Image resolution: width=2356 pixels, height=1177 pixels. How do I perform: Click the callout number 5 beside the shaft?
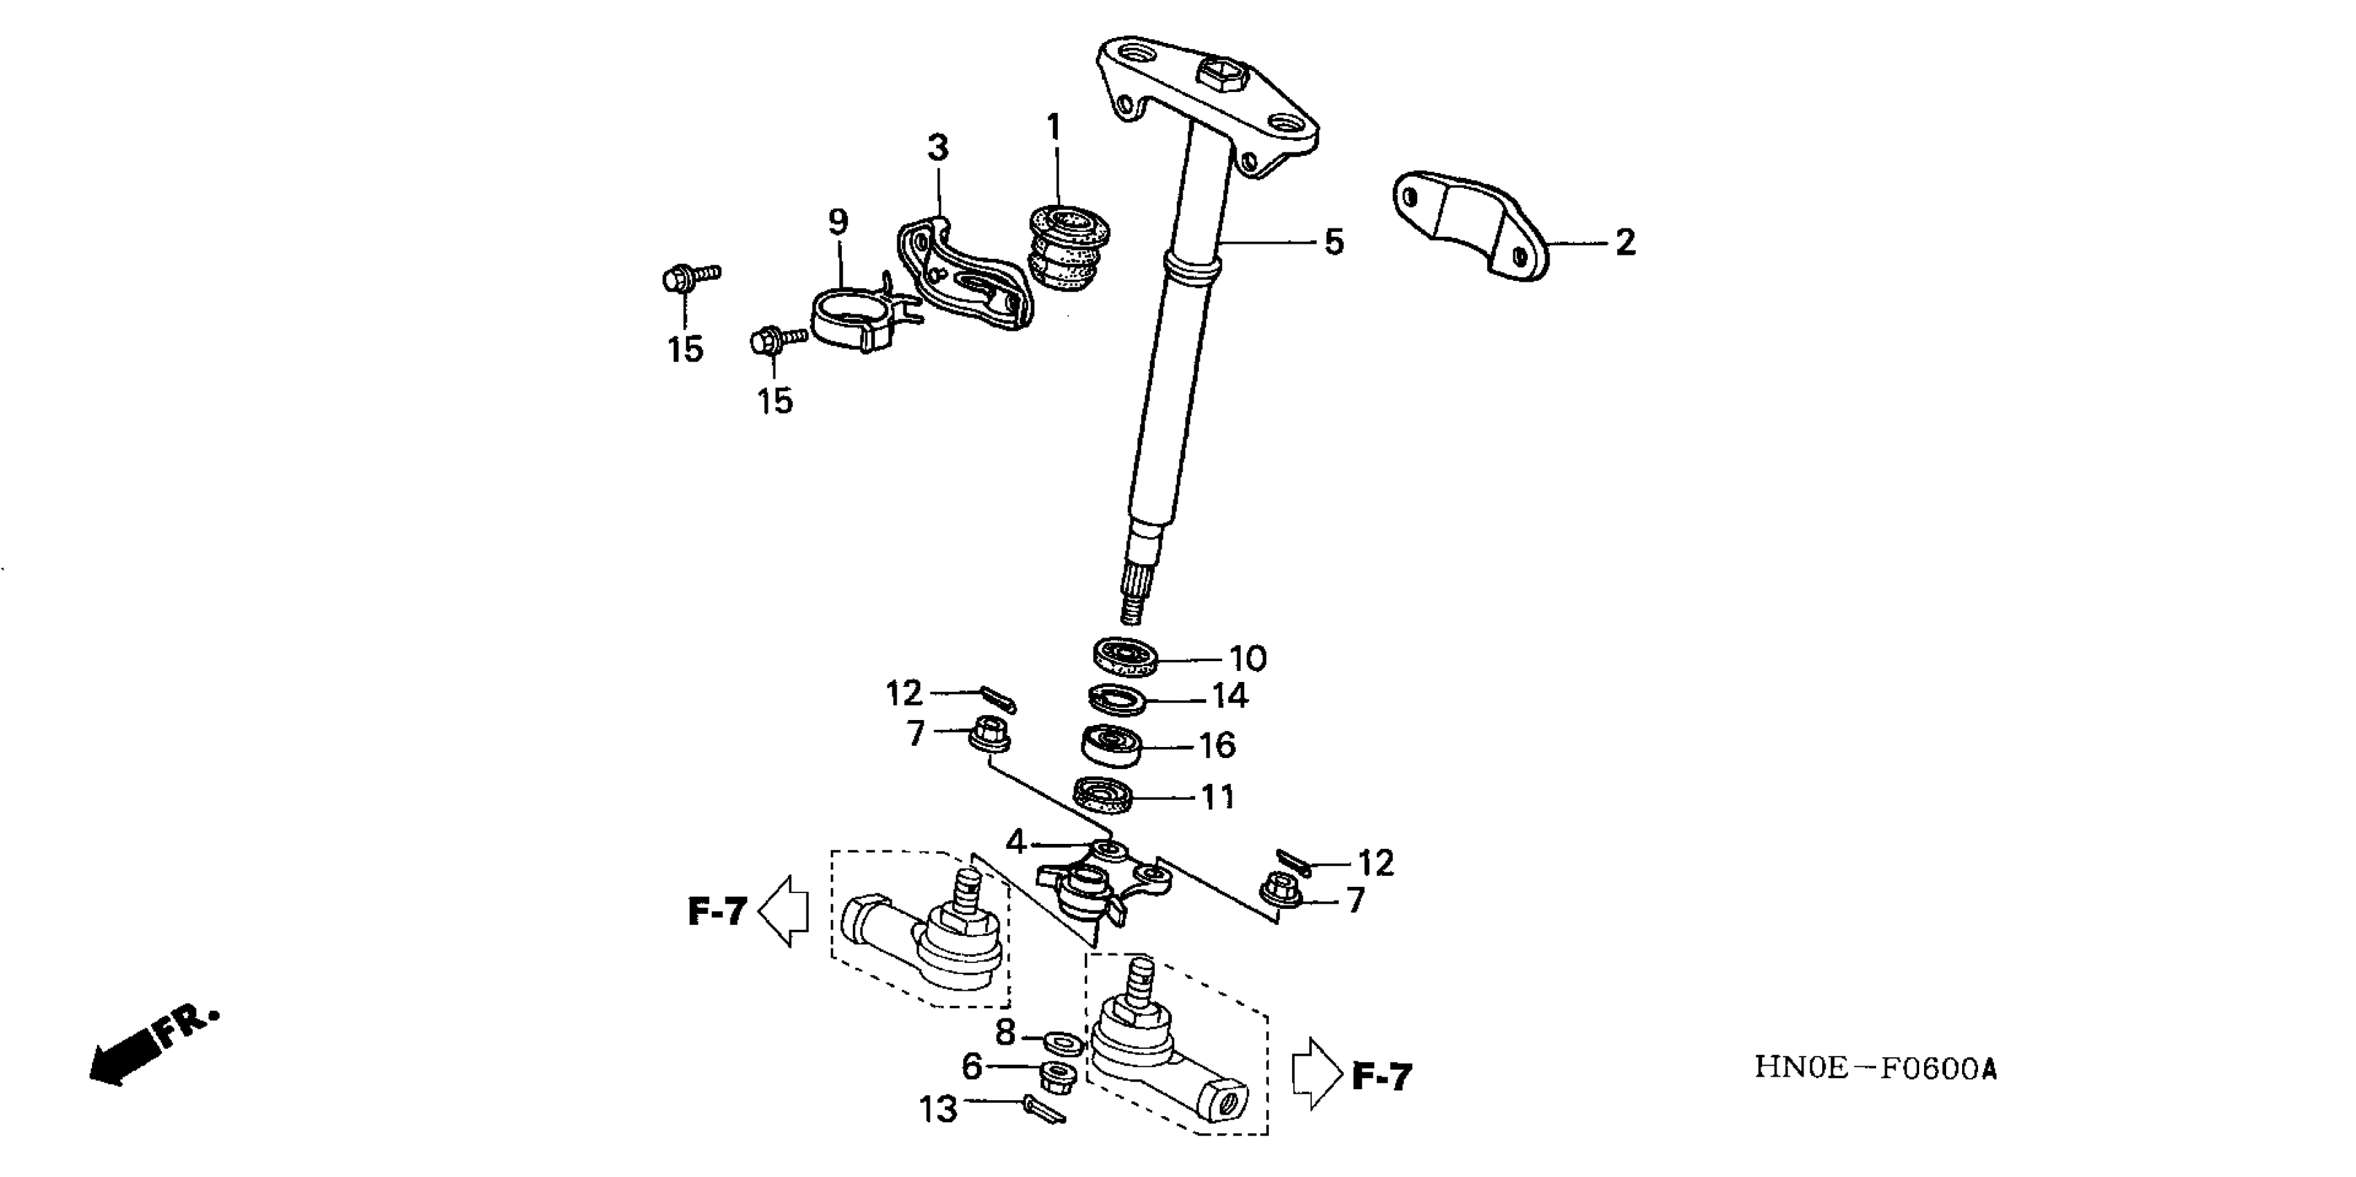(1334, 243)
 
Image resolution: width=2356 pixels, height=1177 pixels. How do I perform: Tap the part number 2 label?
(1624, 243)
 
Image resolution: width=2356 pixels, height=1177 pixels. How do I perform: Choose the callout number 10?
(1248, 658)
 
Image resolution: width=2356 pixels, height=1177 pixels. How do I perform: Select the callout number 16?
(1217, 746)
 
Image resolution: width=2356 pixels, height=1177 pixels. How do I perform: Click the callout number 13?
(937, 1109)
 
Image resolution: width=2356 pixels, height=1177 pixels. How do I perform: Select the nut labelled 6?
(1058, 1077)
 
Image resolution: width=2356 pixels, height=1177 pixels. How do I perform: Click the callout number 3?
(938, 148)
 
